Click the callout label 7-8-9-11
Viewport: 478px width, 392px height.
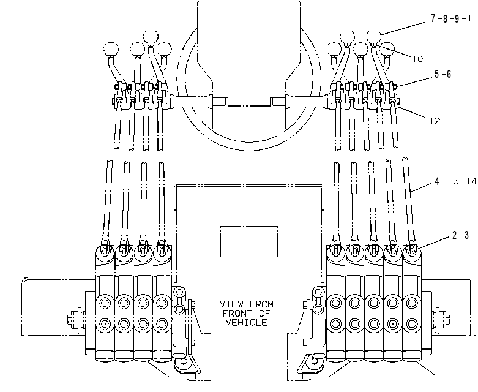coord(454,18)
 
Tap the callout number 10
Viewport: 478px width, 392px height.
coord(418,58)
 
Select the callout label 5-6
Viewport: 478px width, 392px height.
coord(443,74)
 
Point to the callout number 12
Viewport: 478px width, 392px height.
coord(435,121)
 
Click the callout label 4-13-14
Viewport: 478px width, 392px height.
coord(455,181)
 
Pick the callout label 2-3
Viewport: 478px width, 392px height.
coord(460,235)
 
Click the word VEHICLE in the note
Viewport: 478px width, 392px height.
coord(247,322)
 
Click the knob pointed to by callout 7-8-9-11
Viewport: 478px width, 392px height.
coord(374,37)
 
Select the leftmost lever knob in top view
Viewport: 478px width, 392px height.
coord(111,49)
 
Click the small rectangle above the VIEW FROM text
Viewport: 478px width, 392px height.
coord(248,241)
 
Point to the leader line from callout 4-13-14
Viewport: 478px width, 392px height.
coord(422,187)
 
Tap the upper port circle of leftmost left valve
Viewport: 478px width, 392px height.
coord(105,303)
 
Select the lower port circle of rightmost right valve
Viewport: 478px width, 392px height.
coord(412,323)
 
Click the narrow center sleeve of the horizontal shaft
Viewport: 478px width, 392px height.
coord(248,102)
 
